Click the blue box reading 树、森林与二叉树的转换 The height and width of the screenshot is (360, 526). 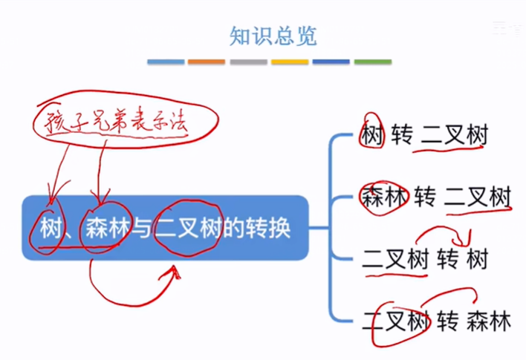tap(164, 228)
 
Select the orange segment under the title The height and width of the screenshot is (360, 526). tap(207, 62)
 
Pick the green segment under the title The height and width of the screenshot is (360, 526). tap(372, 62)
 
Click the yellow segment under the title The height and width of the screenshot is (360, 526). tap(290, 62)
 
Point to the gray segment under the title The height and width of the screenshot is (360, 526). tap(248, 62)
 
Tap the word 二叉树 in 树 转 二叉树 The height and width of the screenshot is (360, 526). tap(455, 136)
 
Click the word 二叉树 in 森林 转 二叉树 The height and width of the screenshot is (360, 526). tap(478, 197)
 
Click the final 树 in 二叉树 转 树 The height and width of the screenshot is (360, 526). tap(477, 260)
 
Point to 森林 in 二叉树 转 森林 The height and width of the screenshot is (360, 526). tap(489, 322)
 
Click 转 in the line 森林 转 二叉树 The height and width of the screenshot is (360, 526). tap(425, 197)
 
